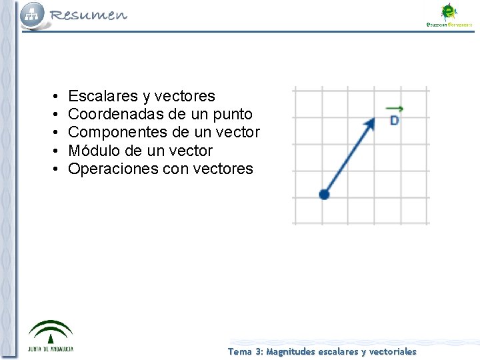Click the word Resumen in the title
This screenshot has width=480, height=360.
(x=88, y=15)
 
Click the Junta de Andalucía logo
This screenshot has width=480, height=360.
(x=51, y=336)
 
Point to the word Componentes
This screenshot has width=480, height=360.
(x=113, y=133)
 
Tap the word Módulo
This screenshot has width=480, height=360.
(x=93, y=151)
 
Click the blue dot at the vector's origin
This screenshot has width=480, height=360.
(x=324, y=194)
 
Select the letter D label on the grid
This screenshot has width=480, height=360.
(x=394, y=121)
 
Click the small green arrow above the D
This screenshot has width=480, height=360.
(x=394, y=109)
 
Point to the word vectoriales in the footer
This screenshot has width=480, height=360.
(x=393, y=351)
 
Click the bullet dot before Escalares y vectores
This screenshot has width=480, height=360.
(x=53, y=97)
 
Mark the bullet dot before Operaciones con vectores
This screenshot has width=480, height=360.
(x=53, y=169)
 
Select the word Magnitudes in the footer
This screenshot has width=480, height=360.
(x=291, y=351)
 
